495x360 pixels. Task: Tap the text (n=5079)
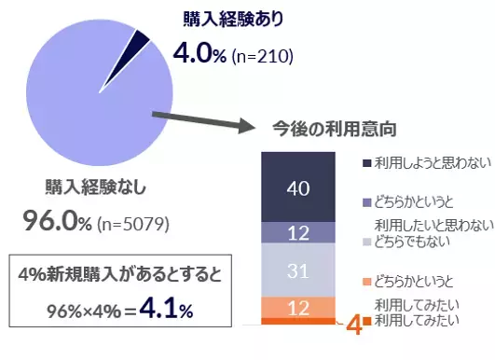click(136, 224)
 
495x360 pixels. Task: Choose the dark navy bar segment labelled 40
click(298, 188)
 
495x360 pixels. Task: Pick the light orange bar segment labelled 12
click(298, 307)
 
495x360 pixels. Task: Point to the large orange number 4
click(352, 326)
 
